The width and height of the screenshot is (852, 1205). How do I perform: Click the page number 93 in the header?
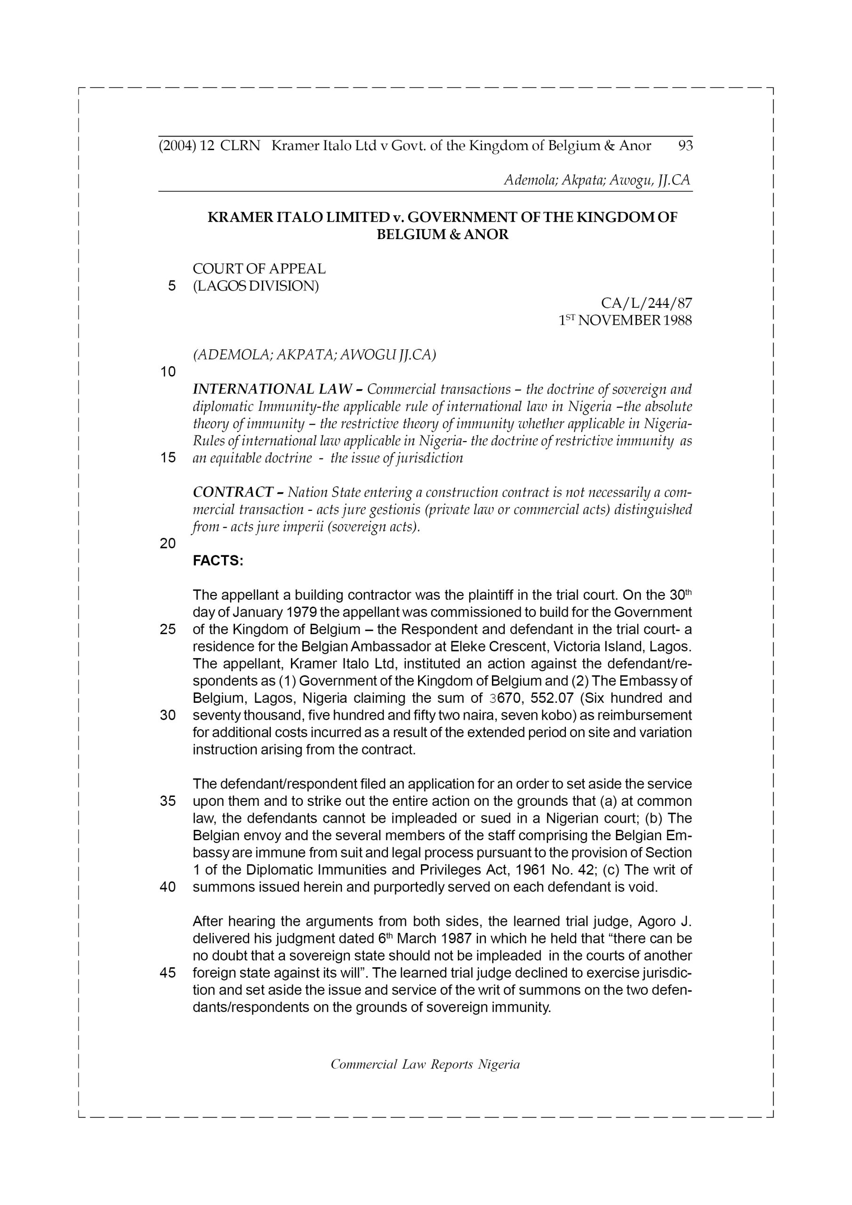(685, 145)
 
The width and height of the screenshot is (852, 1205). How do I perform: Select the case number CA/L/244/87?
(646, 303)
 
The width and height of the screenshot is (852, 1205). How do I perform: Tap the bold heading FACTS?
(218, 561)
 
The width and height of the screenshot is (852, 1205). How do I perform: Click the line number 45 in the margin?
(168, 972)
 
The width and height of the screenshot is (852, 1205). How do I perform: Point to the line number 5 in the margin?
(172, 286)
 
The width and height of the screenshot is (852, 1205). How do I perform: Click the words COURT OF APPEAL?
(259, 269)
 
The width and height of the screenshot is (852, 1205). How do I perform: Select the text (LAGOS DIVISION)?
(256, 286)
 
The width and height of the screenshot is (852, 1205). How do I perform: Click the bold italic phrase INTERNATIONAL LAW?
(272, 389)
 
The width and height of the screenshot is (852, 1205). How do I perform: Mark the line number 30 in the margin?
(168, 715)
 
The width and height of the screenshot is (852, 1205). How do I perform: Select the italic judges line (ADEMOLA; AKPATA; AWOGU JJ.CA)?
(314, 355)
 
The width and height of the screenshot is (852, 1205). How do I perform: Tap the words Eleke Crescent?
(493, 647)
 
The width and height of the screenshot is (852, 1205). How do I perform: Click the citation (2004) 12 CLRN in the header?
(209, 145)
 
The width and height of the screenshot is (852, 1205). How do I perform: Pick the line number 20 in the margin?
(168, 543)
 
